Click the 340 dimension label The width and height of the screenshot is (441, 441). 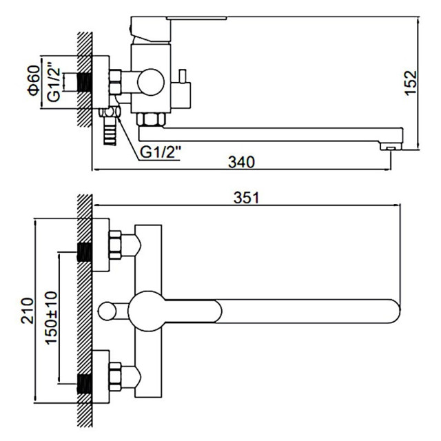[241, 163]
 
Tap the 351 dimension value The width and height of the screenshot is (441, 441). [247, 198]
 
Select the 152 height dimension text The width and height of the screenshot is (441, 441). [411, 83]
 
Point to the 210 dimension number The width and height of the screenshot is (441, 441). [28, 311]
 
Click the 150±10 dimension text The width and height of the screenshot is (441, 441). [52, 318]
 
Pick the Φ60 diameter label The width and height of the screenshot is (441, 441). [34, 81]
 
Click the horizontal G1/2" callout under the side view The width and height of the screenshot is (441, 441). [160, 152]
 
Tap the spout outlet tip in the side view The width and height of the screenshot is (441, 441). [391, 146]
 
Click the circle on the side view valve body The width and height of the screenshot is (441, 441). [151, 83]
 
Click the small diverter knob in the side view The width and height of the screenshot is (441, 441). [183, 76]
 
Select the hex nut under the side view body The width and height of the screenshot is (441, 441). [151, 119]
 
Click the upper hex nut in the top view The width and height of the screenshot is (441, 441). [115, 245]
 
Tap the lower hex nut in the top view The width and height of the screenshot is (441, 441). [115, 377]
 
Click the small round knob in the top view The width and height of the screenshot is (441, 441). [107, 311]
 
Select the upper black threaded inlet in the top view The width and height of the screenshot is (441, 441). [84, 252]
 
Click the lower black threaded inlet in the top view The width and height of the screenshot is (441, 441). [84, 384]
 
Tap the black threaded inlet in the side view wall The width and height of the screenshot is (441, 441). [84, 83]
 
